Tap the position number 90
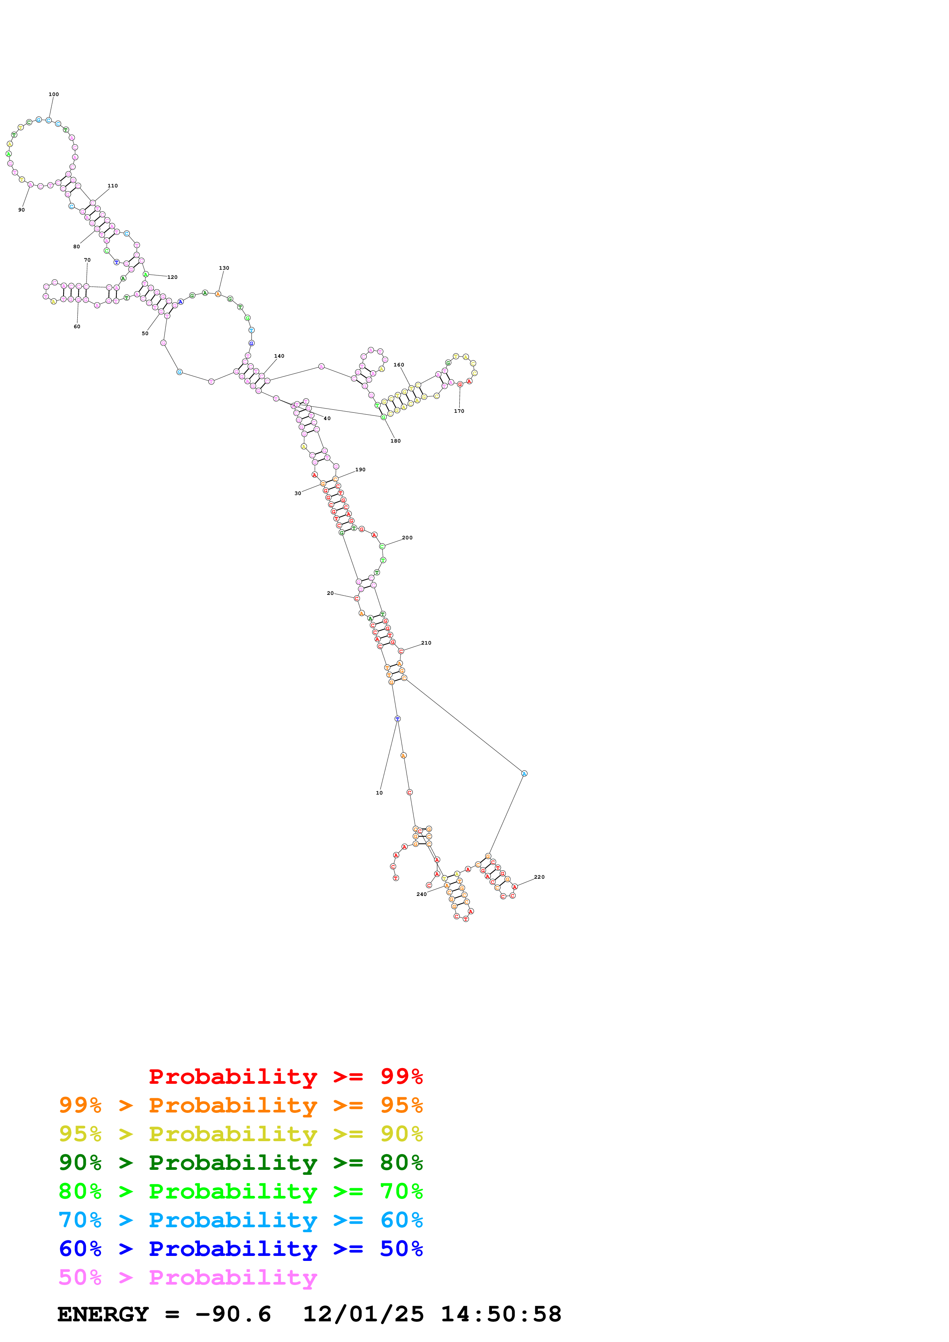[22, 210]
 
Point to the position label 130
[224, 268]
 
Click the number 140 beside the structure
[279, 356]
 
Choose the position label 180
[395, 441]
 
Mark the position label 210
[426, 643]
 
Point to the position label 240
[421, 894]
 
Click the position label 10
[379, 793]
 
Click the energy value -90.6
[233, 1314]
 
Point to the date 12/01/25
[363, 1314]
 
